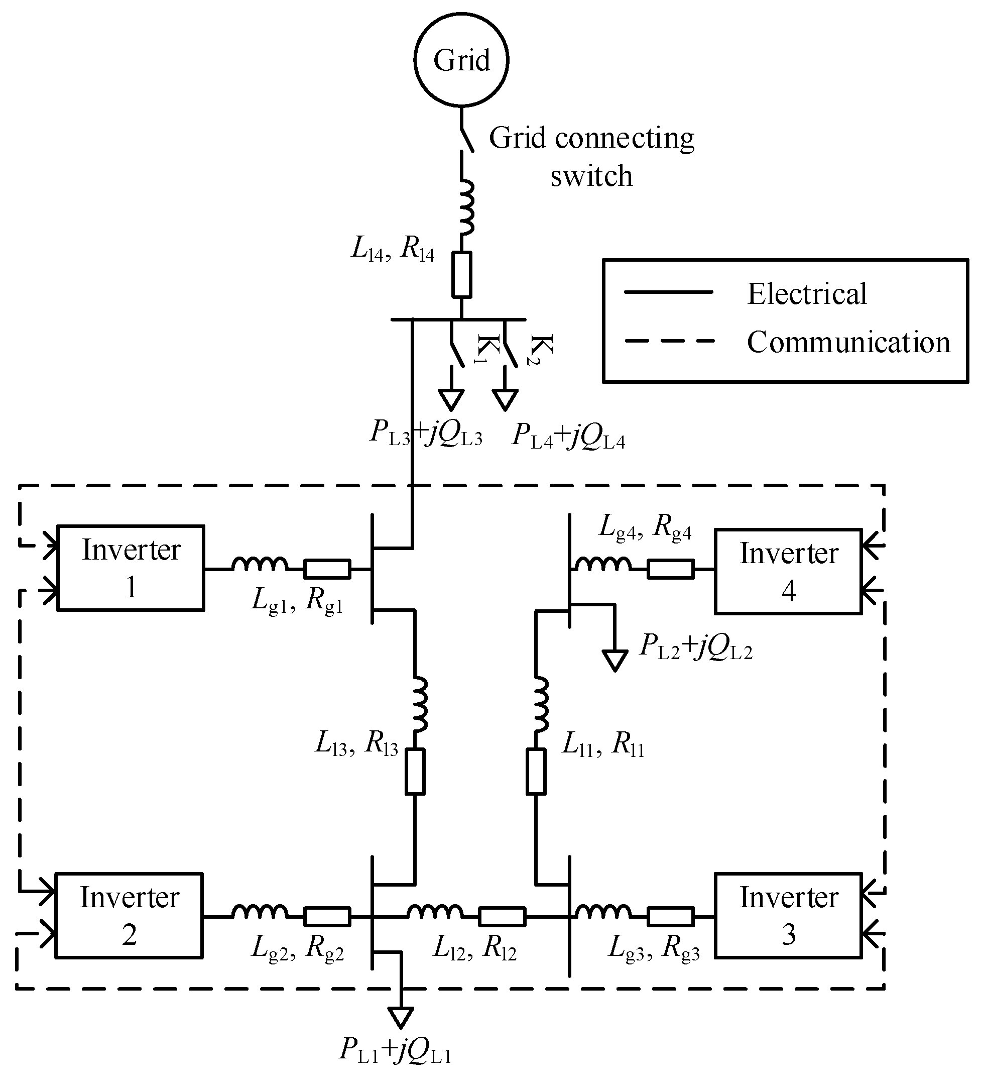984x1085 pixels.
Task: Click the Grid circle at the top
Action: [461, 60]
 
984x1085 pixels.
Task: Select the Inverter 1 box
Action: [131, 568]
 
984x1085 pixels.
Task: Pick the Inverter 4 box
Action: [788, 572]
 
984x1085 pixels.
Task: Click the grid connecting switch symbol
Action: [466, 138]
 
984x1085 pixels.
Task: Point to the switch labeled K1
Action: [456, 345]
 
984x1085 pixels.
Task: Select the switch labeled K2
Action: [510, 345]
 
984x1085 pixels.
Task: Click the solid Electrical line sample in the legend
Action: [668, 292]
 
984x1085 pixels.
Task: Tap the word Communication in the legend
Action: [848, 342]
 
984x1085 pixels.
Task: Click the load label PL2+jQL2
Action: [695, 646]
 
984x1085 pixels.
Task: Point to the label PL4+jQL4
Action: [569, 436]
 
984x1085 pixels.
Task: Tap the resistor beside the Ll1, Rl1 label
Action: [536, 771]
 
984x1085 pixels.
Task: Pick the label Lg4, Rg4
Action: [645, 527]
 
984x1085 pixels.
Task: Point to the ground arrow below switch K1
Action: [451, 399]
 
